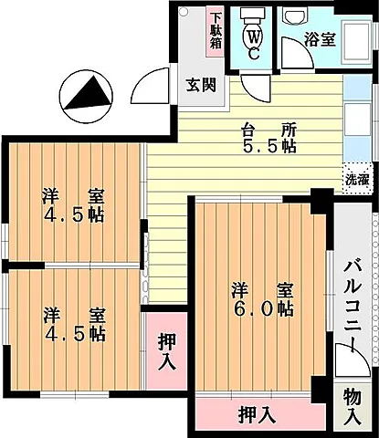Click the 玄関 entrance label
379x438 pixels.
[x=201, y=85]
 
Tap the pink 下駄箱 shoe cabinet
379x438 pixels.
[x=216, y=31]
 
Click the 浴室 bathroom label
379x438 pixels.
[x=320, y=39]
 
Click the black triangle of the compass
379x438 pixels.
[x=89, y=93]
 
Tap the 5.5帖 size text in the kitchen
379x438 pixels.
[x=269, y=147]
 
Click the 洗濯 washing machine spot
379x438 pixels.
[x=357, y=179]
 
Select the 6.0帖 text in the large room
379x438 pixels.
[x=263, y=309]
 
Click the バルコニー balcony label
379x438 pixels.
[x=353, y=307]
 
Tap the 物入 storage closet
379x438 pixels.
[x=353, y=409]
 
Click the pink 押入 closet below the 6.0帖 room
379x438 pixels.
[x=257, y=415]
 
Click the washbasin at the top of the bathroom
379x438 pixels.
[x=295, y=15]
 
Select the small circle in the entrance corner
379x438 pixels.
[x=184, y=12]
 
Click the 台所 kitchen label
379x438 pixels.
[x=268, y=131]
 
